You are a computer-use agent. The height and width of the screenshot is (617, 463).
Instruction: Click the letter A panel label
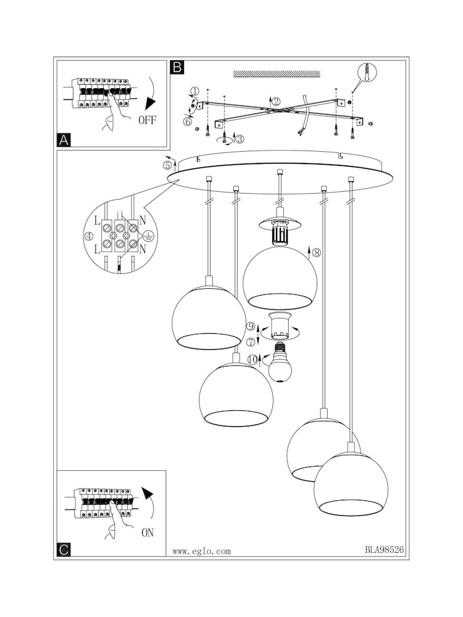tap(63, 140)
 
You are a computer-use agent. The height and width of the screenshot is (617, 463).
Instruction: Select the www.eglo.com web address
tap(201, 552)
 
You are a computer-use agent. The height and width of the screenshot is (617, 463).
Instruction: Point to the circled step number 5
tap(167, 164)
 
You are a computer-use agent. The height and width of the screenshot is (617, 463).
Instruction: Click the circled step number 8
tap(317, 252)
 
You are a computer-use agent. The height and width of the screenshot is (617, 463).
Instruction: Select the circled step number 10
tap(252, 359)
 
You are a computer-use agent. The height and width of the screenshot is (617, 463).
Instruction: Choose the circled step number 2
tap(276, 101)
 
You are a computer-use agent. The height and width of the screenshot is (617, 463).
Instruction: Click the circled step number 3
tap(239, 139)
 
